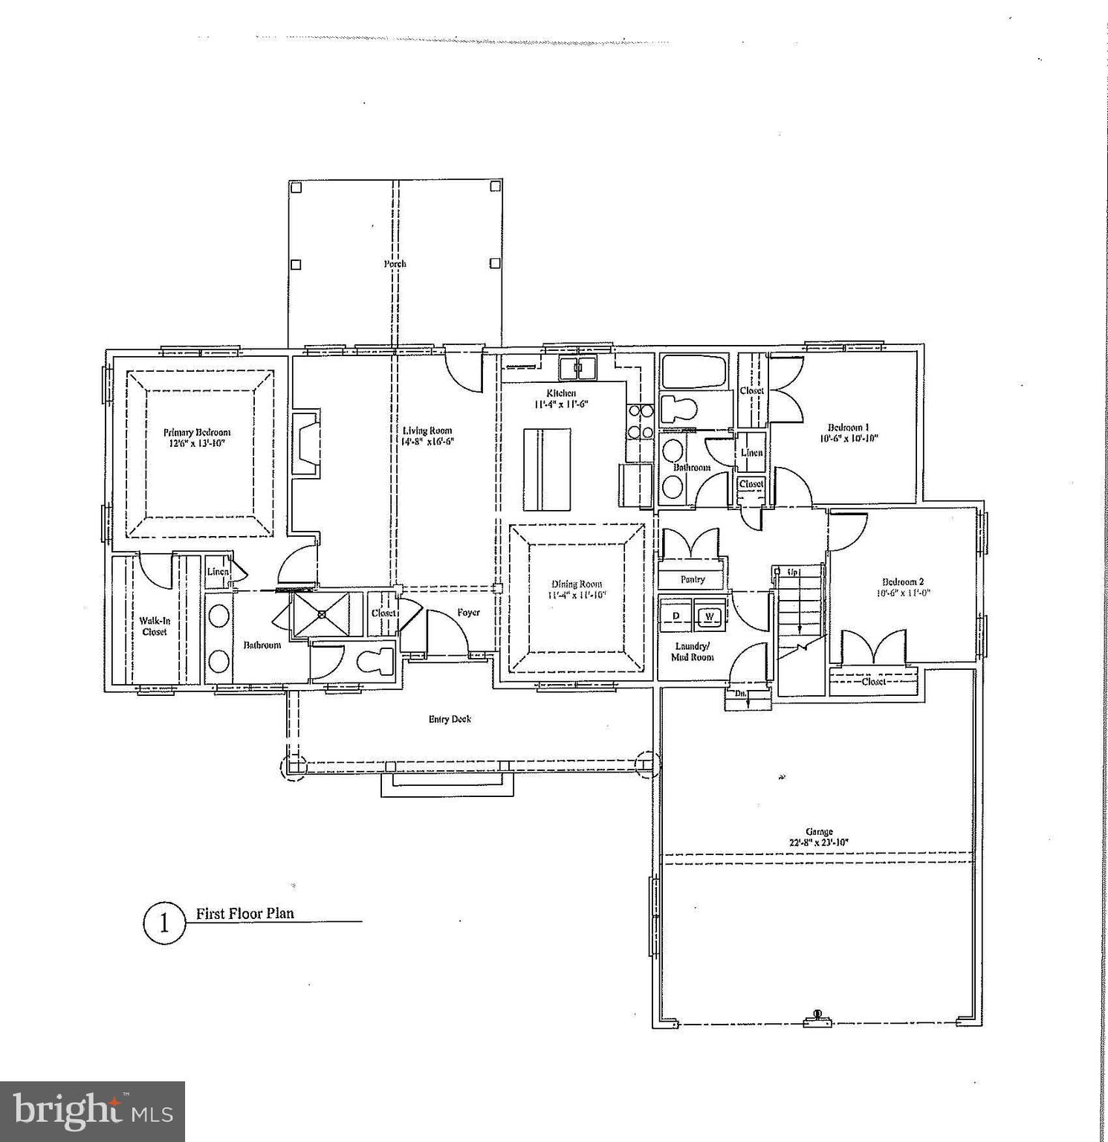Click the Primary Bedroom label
click(x=197, y=432)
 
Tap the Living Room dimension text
click(x=427, y=441)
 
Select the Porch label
click(x=395, y=264)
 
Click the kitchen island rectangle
click(x=546, y=469)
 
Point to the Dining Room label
click(x=577, y=584)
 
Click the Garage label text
click(x=818, y=832)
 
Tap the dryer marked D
click(x=676, y=616)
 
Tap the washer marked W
click(x=709, y=616)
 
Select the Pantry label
click(x=693, y=579)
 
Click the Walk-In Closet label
click(x=155, y=626)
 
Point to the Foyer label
click(x=468, y=613)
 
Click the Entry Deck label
click(x=450, y=719)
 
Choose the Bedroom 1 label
click(x=848, y=428)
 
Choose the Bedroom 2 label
click(x=902, y=582)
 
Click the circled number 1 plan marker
click(x=163, y=923)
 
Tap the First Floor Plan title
click(x=244, y=914)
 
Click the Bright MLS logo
click(x=92, y=1112)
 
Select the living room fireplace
click(x=305, y=443)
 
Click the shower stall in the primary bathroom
click(x=321, y=614)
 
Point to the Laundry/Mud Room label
click(x=693, y=651)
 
